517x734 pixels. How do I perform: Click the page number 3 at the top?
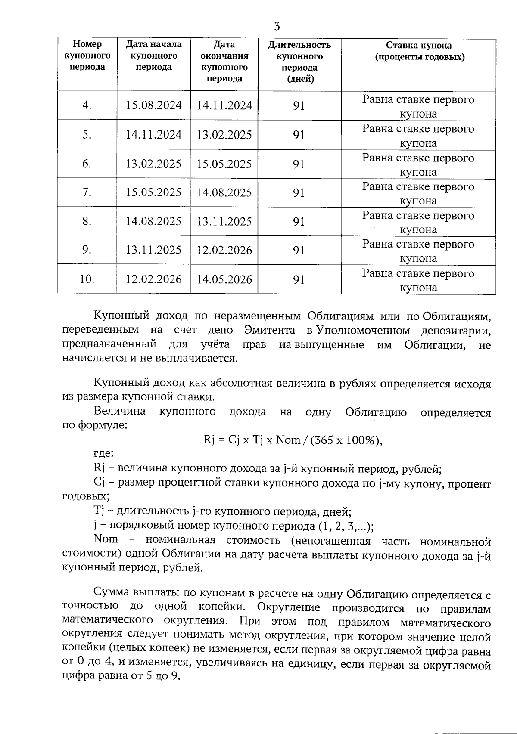[x=277, y=27]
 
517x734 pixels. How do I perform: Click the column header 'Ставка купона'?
[x=418, y=46]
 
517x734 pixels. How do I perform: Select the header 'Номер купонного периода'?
[x=87, y=56]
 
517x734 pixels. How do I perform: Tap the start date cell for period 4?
[x=153, y=105]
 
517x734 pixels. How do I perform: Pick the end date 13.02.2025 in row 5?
[x=224, y=135]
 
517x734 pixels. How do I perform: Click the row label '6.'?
[x=87, y=164]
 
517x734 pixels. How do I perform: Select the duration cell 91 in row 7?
[x=299, y=192]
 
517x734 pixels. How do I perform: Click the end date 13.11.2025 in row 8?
[x=224, y=221]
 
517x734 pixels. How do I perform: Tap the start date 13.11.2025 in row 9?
[x=153, y=250]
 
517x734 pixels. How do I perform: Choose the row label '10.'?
[x=87, y=279]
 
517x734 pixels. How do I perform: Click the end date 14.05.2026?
[x=224, y=279]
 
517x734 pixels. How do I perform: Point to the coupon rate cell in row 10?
[x=418, y=280]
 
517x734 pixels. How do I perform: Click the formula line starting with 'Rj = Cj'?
[x=292, y=440]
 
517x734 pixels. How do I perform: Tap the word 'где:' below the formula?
[x=103, y=453]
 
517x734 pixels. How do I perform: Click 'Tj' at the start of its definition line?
[x=99, y=511]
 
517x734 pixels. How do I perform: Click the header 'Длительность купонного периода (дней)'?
[x=299, y=62]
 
